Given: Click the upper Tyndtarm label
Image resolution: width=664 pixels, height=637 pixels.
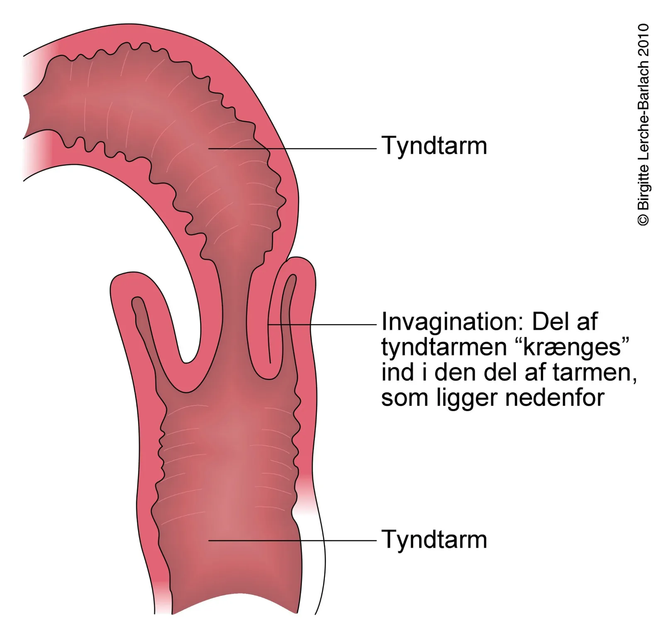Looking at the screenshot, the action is click(434, 146).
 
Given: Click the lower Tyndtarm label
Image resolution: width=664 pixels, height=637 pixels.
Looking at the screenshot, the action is click(434, 539).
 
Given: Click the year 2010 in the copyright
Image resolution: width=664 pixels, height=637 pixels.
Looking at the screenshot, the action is click(643, 39).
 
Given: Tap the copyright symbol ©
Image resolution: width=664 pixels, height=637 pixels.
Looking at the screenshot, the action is click(643, 220).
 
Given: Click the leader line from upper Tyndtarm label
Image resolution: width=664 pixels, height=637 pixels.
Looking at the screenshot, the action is click(292, 148).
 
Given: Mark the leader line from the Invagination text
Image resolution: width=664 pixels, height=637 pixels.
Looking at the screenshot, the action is click(322, 324).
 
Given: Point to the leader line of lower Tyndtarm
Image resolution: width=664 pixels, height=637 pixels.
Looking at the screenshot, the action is click(292, 540).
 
